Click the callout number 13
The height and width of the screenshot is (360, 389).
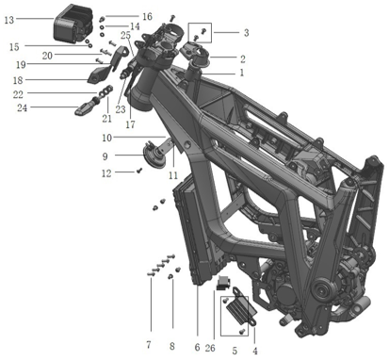coord(9,20)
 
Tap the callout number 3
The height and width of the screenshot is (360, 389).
coord(246,32)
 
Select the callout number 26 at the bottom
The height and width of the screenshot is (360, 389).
coord(210,348)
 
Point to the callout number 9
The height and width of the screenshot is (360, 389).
coord(105,156)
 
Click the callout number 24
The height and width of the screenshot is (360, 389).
coord(22,108)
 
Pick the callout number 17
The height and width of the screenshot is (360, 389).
coord(130,124)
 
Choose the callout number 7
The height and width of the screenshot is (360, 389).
coord(149,345)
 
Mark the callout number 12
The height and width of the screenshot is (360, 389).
coord(106,173)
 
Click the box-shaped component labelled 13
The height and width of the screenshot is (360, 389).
coord(73,23)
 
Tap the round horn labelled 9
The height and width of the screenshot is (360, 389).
coord(153,154)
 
